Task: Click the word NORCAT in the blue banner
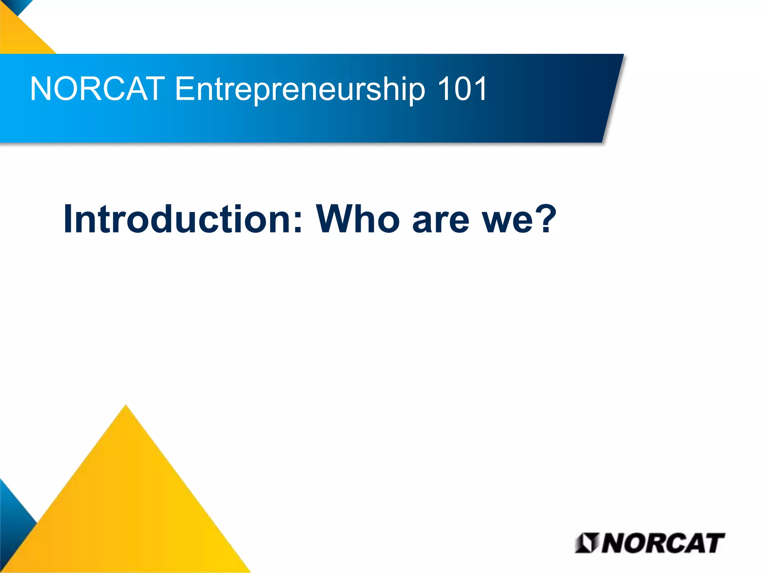pos(97,89)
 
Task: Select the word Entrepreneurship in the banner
pos(300,90)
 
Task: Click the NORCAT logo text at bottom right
pos(662,543)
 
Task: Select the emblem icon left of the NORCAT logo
pos(586,543)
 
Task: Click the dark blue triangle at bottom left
pos(13,522)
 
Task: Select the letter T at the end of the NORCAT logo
pos(713,543)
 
